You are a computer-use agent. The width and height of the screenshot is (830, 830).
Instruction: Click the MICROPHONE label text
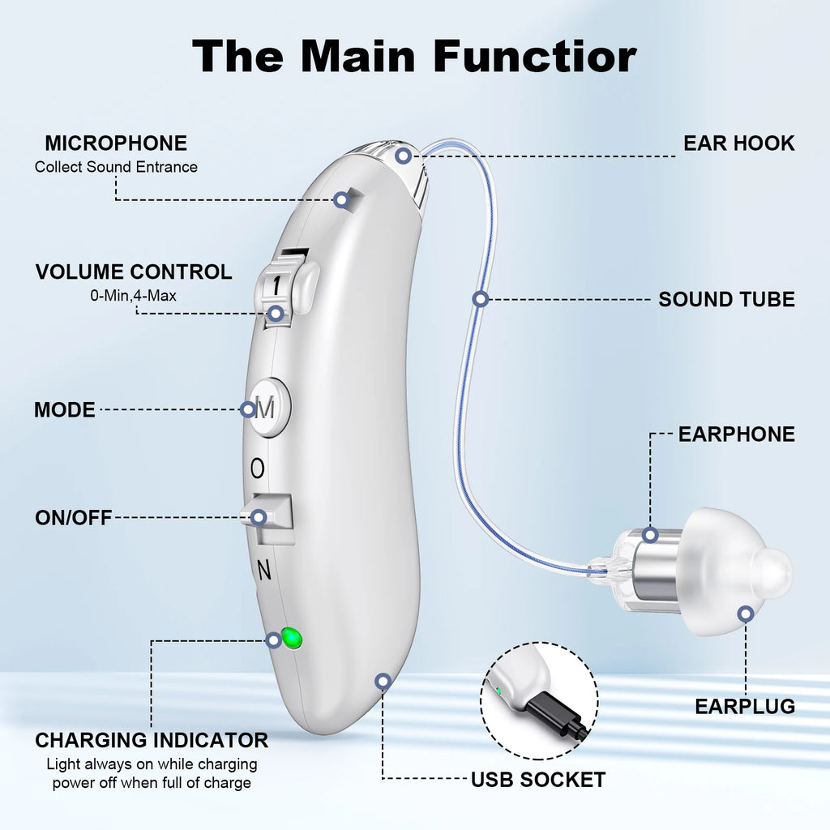tap(115, 143)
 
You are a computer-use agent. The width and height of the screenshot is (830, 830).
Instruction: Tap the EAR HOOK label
tap(738, 143)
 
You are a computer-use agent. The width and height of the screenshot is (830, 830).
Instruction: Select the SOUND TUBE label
tap(726, 299)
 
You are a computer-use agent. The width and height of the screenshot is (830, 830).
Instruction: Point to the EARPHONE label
tap(736, 434)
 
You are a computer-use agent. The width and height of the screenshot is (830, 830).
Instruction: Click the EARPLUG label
tap(744, 706)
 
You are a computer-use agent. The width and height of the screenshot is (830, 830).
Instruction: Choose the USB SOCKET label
tap(538, 780)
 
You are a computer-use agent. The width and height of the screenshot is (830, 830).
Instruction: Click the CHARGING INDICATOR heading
tap(152, 740)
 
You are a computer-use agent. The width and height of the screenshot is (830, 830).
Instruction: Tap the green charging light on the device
tap(292, 639)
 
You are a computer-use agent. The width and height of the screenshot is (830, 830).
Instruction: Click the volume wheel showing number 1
tap(280, 285)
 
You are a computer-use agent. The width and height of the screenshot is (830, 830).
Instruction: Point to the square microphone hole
tap(345, 199)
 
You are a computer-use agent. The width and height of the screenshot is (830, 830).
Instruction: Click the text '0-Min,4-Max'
tap(133, 296)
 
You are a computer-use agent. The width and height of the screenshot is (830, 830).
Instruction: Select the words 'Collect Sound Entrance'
tap(115, 167)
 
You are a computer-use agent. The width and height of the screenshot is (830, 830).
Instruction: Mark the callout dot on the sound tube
tap(480, 299)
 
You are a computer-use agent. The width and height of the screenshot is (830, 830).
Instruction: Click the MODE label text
tap(64, 409)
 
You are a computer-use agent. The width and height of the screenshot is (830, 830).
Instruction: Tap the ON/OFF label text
tap(73, 517)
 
